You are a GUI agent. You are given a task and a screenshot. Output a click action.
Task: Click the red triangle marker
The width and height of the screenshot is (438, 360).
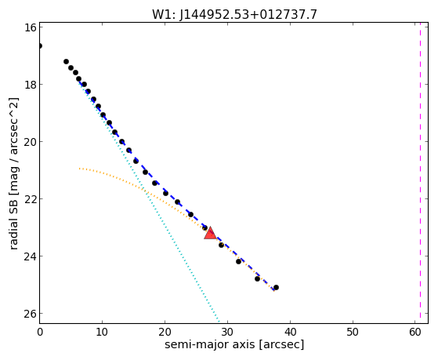[x=210, y=233]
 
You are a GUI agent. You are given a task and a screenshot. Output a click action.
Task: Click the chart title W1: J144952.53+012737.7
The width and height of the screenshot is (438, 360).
[x=234, y=14]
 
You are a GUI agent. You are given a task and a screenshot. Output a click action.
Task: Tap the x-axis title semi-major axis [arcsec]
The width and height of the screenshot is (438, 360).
[x=234, y=344]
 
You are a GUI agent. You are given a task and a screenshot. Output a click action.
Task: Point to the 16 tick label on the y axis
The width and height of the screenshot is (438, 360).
[x=30, y=27]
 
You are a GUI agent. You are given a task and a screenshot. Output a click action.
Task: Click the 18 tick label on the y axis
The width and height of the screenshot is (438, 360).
[x=30, y=85]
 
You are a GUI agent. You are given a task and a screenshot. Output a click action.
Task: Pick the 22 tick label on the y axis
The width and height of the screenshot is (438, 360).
[x=30, y=199]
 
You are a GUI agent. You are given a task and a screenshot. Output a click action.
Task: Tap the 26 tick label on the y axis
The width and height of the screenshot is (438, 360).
[x=30, y=314]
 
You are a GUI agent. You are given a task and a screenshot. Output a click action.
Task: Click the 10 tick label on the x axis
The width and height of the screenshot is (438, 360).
[x=102, y=332]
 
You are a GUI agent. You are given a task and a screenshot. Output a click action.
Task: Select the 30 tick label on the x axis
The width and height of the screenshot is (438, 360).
[x=227, y=332]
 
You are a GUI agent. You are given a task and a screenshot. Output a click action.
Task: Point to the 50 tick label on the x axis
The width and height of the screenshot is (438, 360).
[x=353, y=332]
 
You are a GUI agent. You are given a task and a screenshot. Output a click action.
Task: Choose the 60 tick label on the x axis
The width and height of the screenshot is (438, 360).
[x=415, y=332]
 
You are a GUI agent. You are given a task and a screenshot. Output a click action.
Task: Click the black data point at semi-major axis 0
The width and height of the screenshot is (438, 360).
[x=40, y=45]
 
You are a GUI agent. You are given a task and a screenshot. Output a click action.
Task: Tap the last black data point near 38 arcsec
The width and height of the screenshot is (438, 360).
[x=276, y=287]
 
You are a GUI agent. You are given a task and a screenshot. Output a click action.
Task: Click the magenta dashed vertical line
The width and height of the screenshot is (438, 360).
[x=420, y=173]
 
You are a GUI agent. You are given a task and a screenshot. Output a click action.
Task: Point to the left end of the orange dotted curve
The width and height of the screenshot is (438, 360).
[x=80, y=169]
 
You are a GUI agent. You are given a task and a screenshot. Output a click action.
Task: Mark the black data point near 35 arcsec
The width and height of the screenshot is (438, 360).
[x=257, y=278]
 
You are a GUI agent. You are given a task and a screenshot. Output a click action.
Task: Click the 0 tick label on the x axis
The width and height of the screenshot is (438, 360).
[x=40, y=332]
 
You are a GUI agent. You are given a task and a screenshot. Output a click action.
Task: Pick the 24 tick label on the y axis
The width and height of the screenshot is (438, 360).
[x=30, y=256]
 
